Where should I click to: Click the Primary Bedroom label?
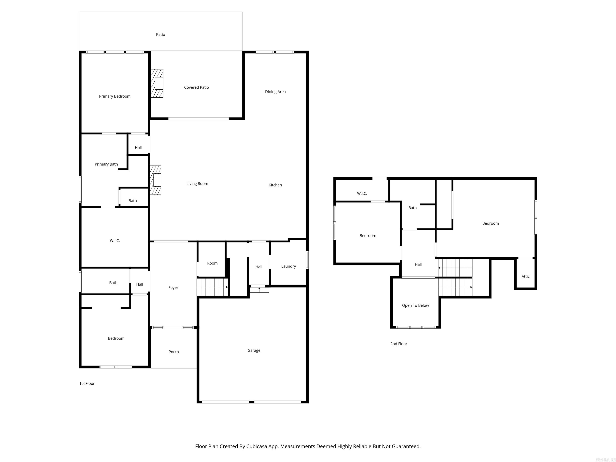coord(115,96)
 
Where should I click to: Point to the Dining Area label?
coord(275,92)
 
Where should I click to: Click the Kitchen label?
coord(275,185)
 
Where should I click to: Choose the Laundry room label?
coord(289,266)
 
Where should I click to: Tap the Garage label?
coord(254,350)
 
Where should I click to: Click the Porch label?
coord(173,352)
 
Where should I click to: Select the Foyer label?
coord(173,287)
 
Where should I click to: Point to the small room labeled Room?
coord(212,263)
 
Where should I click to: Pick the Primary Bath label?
coord(106,164)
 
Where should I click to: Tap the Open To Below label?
coord(415,306)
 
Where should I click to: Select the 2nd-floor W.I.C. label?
coord(362,193)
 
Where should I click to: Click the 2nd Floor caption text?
coord(398,344)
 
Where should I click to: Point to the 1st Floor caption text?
coord(87,383)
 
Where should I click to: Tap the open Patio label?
coord(160,34)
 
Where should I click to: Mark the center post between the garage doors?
coord(251,402)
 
